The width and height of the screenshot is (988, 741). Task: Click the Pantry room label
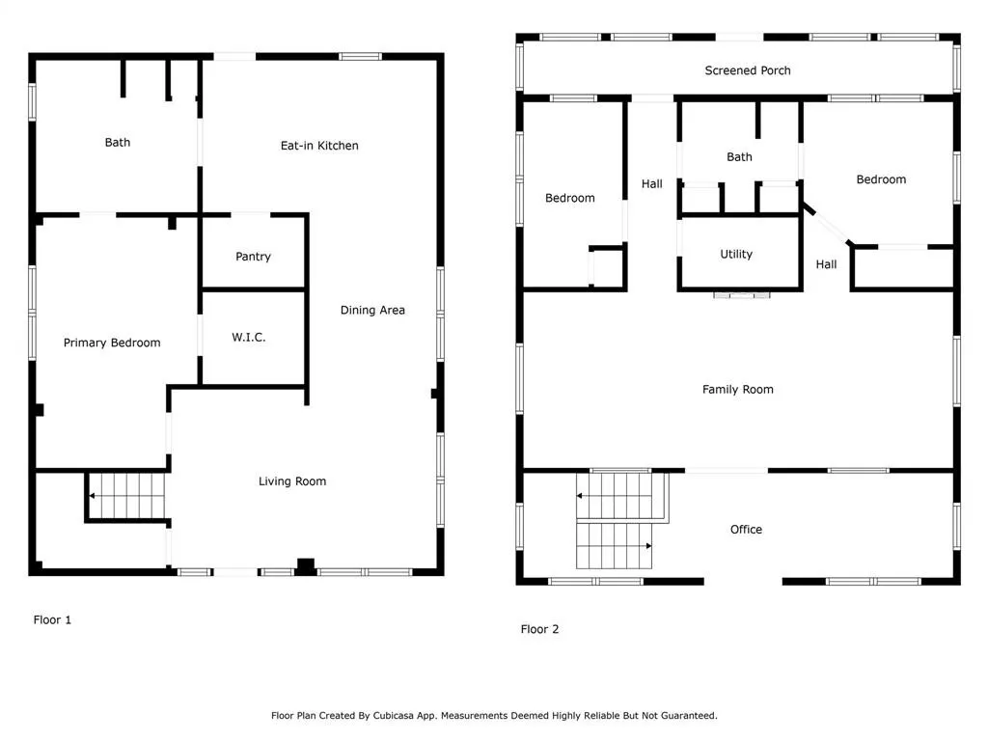254,257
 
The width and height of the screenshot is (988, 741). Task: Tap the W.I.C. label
249,337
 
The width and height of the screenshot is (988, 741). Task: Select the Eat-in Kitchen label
319,146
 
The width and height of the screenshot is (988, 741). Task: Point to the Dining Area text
372,310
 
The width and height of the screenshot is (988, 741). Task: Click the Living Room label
292,481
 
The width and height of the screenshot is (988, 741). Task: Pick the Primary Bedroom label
112,343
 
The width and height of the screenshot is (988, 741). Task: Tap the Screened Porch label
748,70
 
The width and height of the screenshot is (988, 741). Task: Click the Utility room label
736,254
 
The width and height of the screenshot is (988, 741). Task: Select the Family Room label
738,390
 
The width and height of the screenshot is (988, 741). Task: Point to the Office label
746,530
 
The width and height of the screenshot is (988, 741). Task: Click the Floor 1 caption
52,620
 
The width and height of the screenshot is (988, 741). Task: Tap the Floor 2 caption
539,629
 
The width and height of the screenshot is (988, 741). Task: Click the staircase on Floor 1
126,496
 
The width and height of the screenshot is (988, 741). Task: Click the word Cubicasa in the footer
397,716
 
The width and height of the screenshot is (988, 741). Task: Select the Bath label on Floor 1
118,143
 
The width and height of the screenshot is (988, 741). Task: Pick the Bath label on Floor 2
739,157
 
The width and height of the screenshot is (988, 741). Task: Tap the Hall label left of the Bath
651,184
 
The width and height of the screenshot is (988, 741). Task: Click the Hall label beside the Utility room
826,264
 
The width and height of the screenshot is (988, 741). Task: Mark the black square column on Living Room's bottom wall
306,566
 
